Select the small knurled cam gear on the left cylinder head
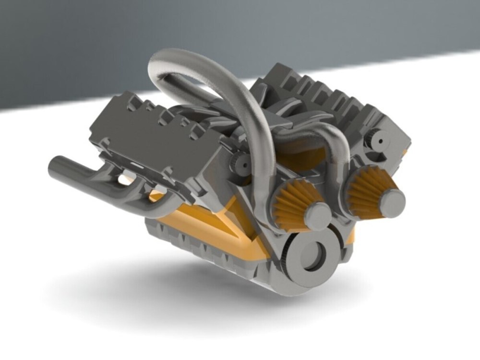coord(238,163)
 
